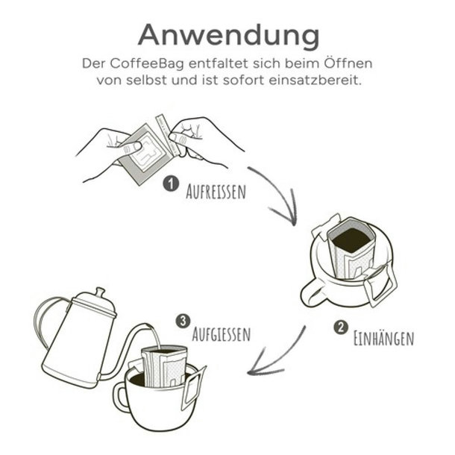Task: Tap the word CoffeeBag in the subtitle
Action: tap(147, 64)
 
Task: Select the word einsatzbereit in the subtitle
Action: tap(315, 80)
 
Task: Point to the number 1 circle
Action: tap(171, 184)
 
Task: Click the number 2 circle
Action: tap(341, 327)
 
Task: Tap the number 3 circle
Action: tap(183, 321)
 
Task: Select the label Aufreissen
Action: tap(216, 191)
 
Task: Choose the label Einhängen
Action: tap(383, 338)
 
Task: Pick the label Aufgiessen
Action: tap(221, 333)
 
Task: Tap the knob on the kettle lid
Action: tap(100, 292)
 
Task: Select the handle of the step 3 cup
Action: tap(119, 397)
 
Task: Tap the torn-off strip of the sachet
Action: tap(169, 134)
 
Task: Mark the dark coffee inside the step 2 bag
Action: tap(352, 239)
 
